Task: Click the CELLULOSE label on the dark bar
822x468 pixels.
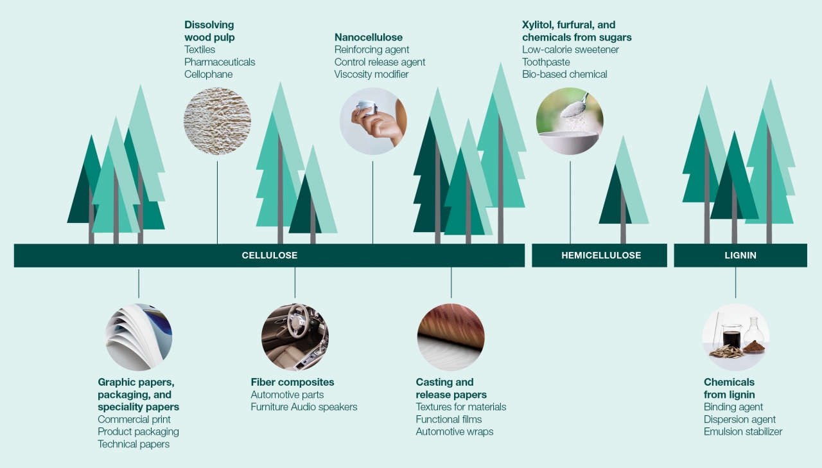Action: pyautogui.click(x=269, y=255)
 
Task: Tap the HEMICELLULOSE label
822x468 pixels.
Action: pyautogui.click(x=601, y=255)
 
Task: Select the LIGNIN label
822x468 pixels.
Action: pyautogui.click(x=740, y=255)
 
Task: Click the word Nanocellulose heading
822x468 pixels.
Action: pyautogui.click(x=369, y=37)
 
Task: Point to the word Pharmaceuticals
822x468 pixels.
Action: pyautogui.click(x=220, y=62)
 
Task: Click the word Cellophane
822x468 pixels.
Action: pyautogui.click(x=208, y=74)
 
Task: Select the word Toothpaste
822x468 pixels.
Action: pyautogui.click(x=546, y=62)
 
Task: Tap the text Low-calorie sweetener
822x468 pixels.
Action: pyautogui.click(x=570, y=50)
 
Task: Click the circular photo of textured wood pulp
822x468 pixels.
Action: pyautogui.click(x=217, y=121)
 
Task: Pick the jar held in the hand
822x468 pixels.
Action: pyautogui.click(x=367, y=107)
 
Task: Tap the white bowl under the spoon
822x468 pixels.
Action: pyautogui.click(x=568, y=141)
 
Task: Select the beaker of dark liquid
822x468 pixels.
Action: pyautogui.click(x=731, y=336)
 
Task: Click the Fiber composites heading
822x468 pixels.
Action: pyautogui.click(x=292, y=382)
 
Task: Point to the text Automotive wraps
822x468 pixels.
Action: pyautogui.click(x=454, y=431)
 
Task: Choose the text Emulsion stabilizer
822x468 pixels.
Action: pyautogui.click(x=743, y=431)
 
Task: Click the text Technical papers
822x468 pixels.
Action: pyautogui.click(x=134, y=444)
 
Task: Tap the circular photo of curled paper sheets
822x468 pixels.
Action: pyautogui.click(x=139, y=337)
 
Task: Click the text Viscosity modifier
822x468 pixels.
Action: pyautogui.click(x=371, y=74)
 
